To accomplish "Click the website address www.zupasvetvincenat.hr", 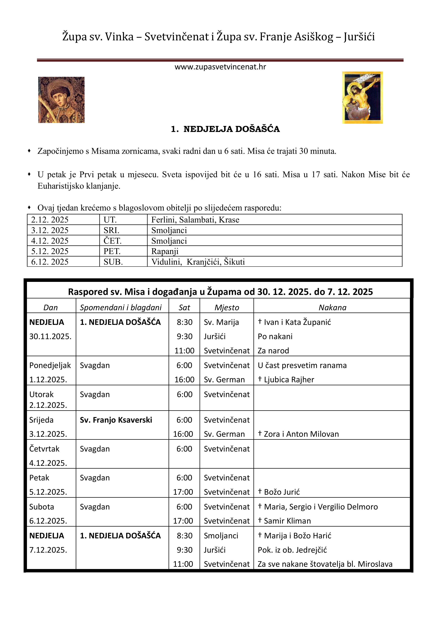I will point(220,67).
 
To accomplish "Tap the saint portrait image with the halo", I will point(61,100).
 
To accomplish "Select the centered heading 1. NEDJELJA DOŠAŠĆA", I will point(225,129).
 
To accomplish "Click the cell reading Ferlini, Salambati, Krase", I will point(195,220).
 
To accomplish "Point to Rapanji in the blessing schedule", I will point(165,251).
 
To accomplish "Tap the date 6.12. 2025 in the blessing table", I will point(50,262).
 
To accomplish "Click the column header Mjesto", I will point(227,307).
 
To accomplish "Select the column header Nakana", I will point(332,307).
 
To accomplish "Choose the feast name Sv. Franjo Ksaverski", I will point(116,420).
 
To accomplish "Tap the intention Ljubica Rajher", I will point(289,379).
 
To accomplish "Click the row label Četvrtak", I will point(44,449).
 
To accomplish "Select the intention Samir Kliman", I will point(287,521).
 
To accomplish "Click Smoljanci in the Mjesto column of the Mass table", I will point(221,536).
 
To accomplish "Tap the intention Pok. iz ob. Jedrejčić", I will point(292,550).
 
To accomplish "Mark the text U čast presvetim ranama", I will point(302,365).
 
